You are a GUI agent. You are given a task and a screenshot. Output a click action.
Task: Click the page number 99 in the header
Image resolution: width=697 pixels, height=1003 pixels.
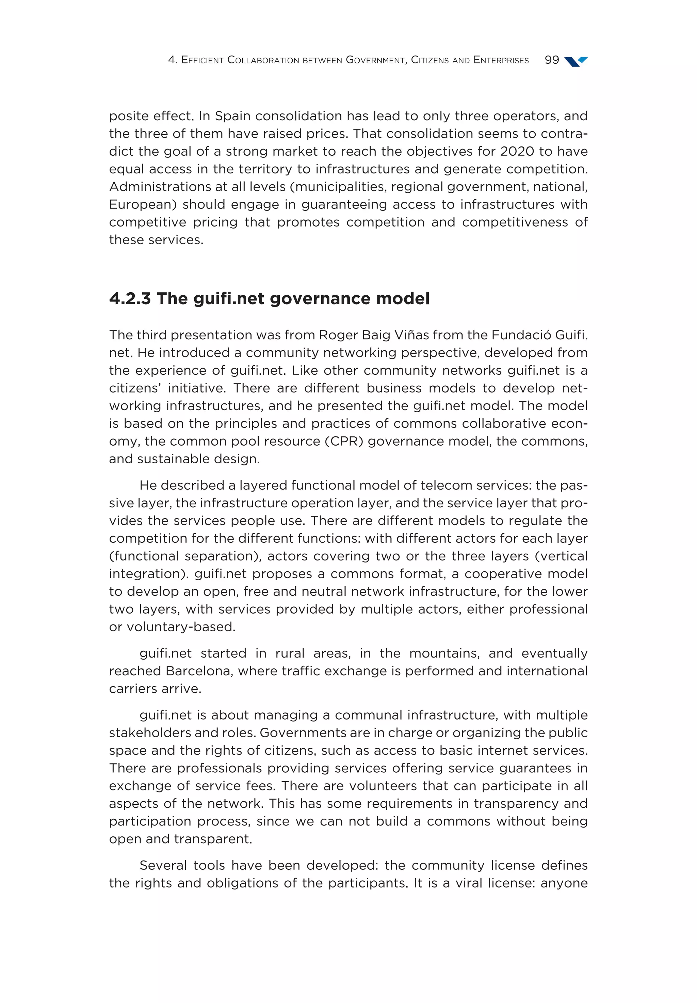(552, 60)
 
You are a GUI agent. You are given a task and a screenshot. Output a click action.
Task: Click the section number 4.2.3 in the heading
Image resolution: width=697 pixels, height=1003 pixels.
(130, 299)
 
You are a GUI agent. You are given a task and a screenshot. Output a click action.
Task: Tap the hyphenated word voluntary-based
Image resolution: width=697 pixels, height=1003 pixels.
(181, 627)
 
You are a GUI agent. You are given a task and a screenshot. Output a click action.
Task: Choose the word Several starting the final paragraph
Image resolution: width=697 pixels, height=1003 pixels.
(164, 865)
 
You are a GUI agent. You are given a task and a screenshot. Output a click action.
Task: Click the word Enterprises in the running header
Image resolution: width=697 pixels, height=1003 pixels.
(501, 60)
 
